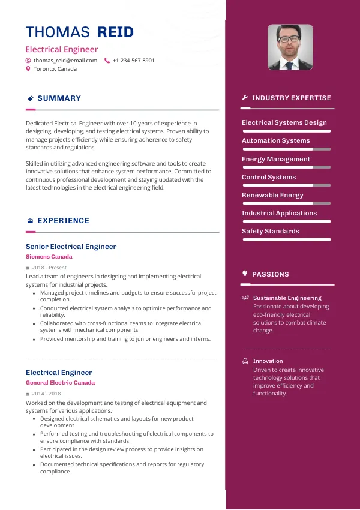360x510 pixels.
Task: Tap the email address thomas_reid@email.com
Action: click(65, 61)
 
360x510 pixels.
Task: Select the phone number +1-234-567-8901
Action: click(133, 61)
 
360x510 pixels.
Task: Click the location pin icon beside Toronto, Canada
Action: click(28, 69)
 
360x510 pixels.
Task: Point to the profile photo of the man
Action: click(290, 47)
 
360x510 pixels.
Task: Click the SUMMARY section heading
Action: click(59, 98)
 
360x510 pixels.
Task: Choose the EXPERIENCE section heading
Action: click(63, 221)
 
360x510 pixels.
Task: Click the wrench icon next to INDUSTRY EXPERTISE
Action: click(245, 98)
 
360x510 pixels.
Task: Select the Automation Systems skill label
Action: click(275, 140)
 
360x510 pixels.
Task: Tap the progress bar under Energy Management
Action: click(286, 167)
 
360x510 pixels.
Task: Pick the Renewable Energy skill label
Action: click(272, 195)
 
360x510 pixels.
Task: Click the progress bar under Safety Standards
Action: click(286, 239)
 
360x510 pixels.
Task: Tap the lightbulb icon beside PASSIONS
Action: click(245, 274)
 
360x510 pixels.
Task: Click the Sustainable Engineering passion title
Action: click(287, 298)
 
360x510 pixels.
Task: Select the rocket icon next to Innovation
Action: click(245, 361)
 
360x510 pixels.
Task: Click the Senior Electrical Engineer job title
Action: click(71, 247)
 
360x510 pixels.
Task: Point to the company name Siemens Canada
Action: click(49, 257)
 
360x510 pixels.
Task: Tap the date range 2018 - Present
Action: click(49, 268)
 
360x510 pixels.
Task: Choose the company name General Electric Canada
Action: click(60, 383)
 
